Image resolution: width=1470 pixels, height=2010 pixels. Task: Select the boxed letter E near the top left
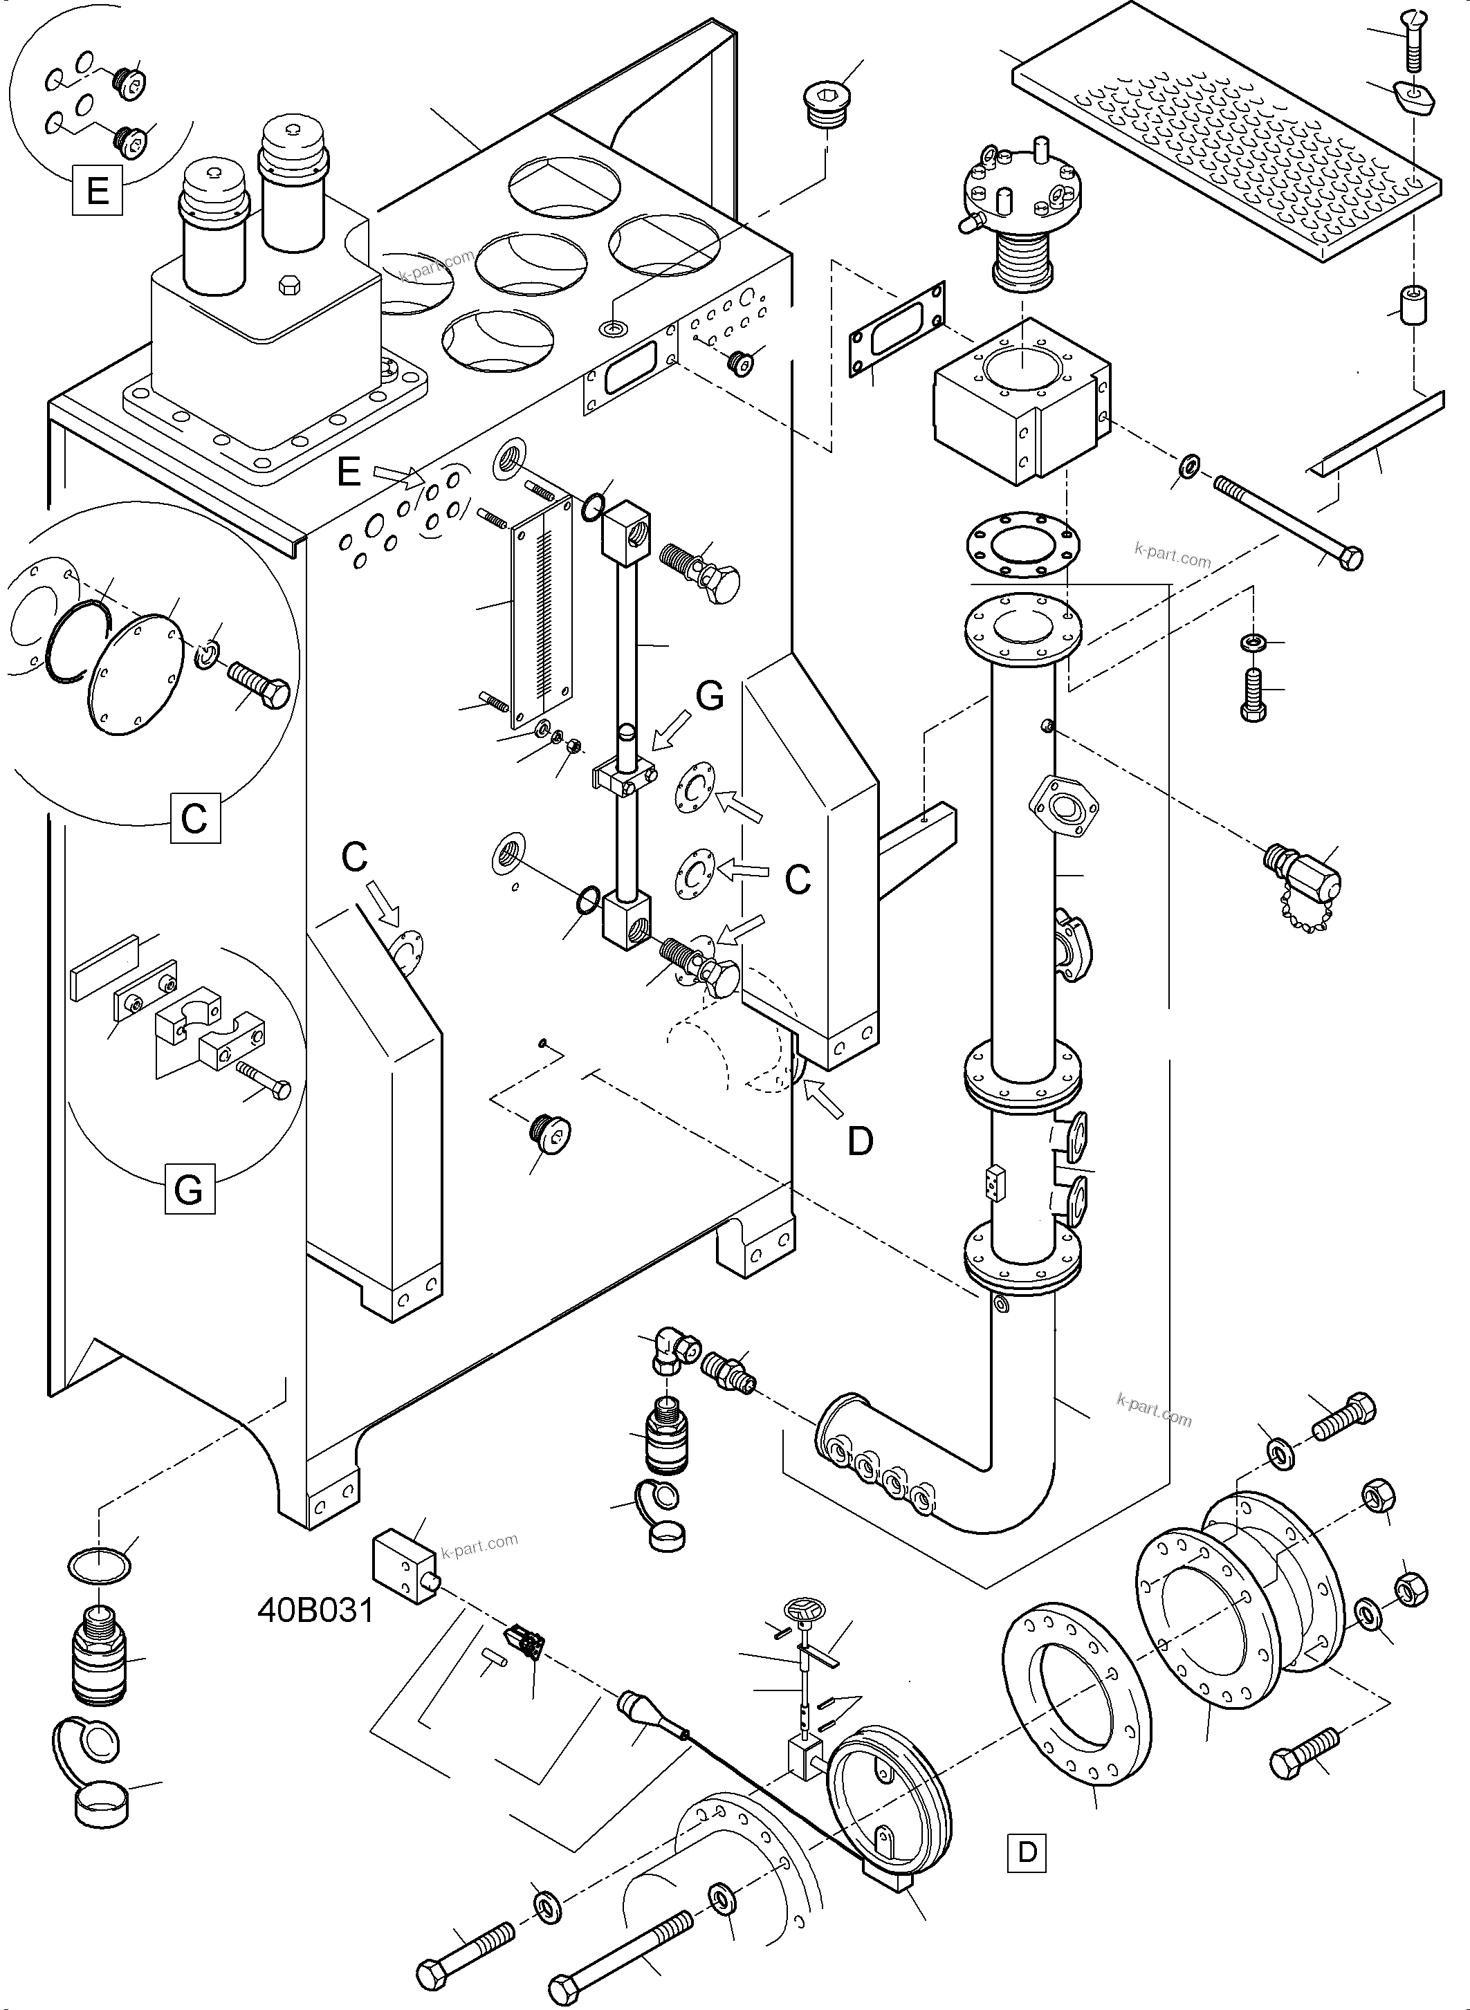point(97,190)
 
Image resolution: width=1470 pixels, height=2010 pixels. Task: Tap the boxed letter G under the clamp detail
point(189,1190)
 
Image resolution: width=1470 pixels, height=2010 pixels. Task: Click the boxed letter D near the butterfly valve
point(1027,1852)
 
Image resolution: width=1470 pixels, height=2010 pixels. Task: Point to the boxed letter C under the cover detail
point(195,817)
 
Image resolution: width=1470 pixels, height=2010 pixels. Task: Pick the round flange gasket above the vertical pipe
point(1022,544)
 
